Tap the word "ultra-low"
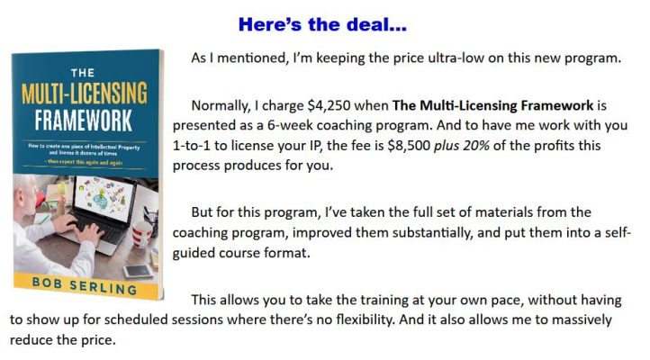[x=437, y=58]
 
